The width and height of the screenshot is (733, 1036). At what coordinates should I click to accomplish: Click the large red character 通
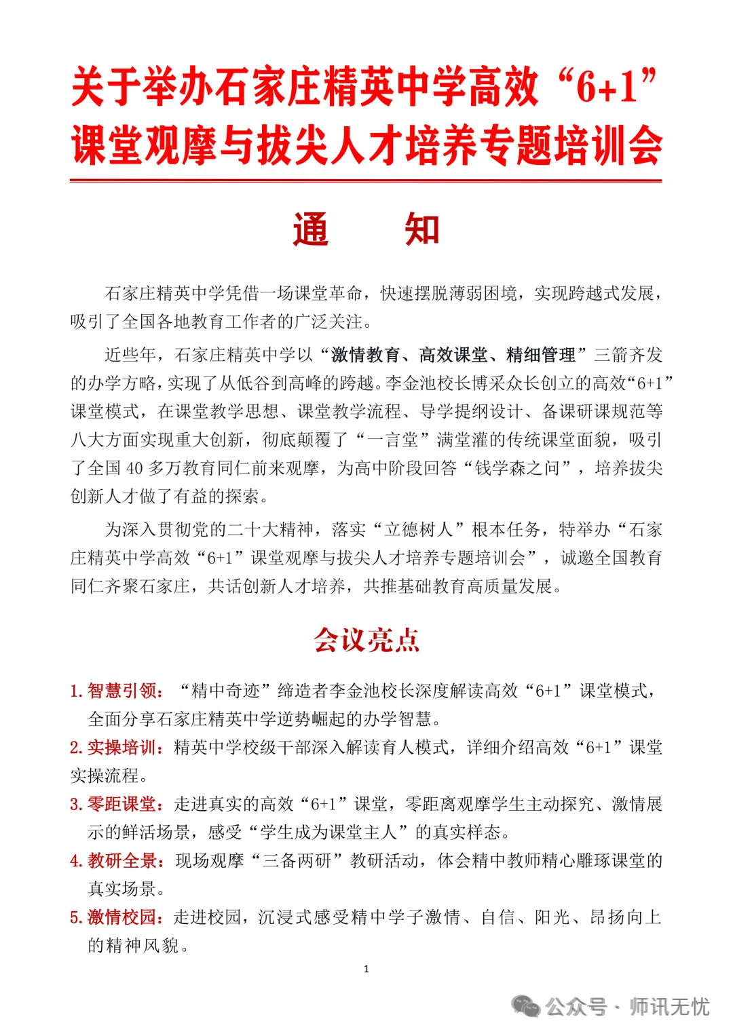[311, 229]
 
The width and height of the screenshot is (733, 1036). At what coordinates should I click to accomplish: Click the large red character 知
[421, 229]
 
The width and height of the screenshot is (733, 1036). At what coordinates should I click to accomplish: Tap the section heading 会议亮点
[366, 640]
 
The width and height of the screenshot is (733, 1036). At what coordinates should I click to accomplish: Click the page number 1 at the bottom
[366, 969]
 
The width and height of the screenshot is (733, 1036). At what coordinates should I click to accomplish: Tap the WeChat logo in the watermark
[526, 1006]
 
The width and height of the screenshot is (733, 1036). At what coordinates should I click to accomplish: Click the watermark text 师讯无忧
[669, 1006]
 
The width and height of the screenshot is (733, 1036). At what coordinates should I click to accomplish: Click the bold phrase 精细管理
[541, 355]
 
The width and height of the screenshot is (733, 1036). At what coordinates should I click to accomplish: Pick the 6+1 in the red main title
[607, 88]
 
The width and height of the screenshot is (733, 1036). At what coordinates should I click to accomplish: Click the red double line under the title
[366, 181]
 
